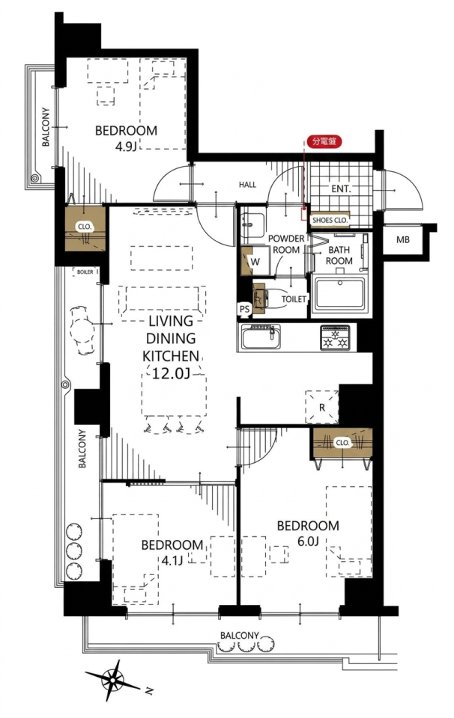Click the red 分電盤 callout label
324,141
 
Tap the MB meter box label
402,239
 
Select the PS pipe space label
244,309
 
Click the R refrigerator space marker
322,407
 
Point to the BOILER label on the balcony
85,272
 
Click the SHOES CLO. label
330,220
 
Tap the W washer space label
255,262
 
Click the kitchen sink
261,337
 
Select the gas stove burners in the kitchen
334,337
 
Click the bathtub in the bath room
339,295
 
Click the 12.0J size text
170,374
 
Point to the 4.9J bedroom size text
126,147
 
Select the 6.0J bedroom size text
308,541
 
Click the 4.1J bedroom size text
172,560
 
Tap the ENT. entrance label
341,188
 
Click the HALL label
247,185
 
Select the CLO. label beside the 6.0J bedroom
342,444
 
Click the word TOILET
294,299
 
